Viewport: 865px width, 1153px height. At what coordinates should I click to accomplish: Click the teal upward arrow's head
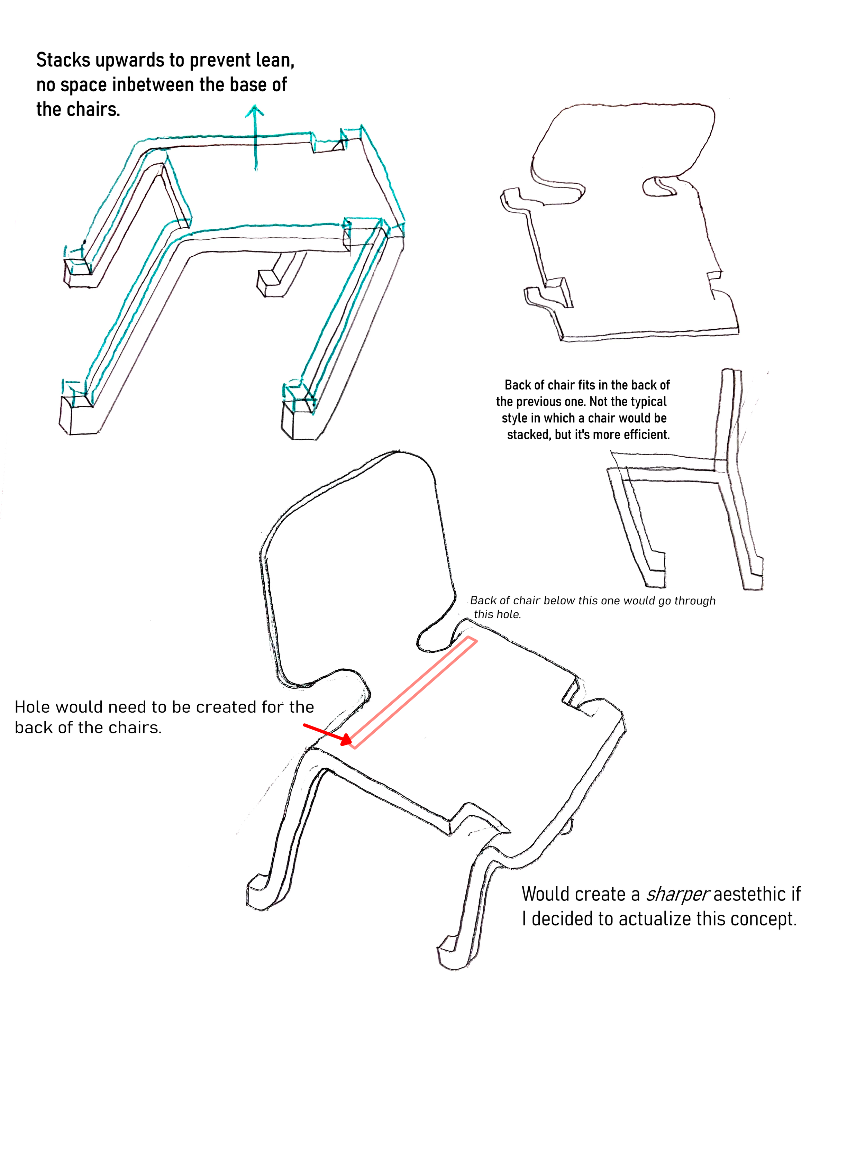[255, 110]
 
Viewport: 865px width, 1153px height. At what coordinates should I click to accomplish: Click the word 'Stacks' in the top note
[63, 61]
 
